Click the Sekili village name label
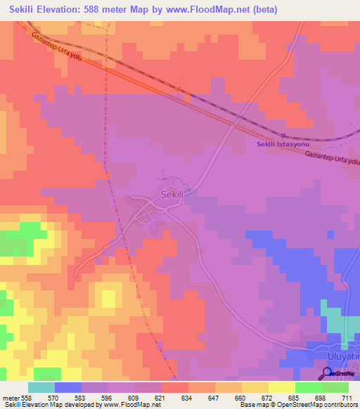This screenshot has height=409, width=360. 172,194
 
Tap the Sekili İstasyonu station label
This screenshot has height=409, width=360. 281,144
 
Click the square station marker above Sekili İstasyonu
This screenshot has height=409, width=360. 283,135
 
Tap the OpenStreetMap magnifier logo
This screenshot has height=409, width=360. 328,373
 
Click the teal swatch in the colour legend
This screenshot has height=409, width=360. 41,387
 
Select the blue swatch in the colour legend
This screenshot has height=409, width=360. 67,387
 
